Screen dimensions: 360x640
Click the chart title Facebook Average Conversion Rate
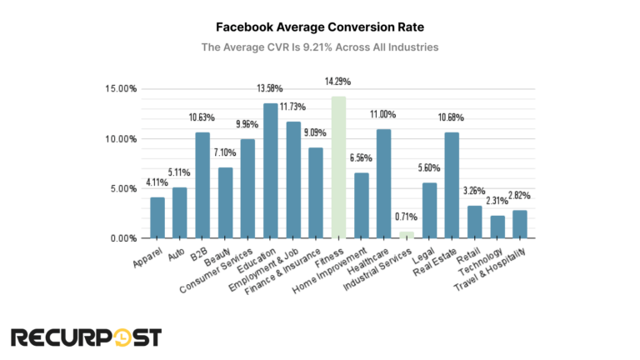click(x=320, y=27)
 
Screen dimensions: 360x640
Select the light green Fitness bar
click(x=338, y=167)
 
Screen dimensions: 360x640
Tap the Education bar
click(x=271, y=171)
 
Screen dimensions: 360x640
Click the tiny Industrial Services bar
click(x=407, y=235)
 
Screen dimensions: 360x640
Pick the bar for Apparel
click(x=157, y=217)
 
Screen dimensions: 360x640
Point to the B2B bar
click(x=202, y=185)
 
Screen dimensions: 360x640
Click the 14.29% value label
click(x=338, y=82)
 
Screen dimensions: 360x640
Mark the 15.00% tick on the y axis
click(x=121, y=89)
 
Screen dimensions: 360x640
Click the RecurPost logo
click(x=86, y=337)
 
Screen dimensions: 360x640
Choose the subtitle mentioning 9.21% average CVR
click(x=320, y=47)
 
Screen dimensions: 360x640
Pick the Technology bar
click(x=497, y=227)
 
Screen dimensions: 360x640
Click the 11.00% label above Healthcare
click(x=383, y=114)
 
